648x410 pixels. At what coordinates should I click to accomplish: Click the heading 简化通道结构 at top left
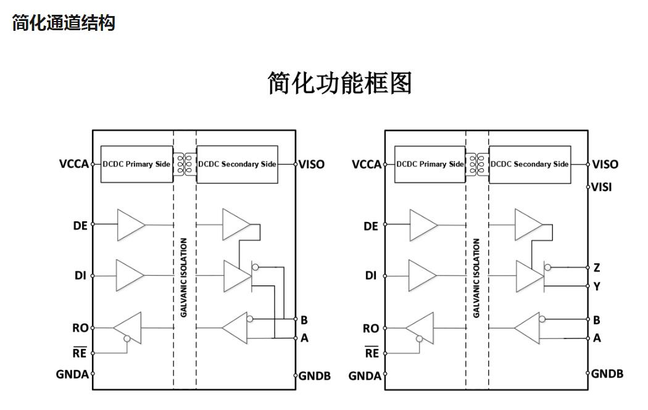64,23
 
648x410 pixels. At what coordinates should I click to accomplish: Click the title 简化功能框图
339,83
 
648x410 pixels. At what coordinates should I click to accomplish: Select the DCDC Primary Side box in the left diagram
136,165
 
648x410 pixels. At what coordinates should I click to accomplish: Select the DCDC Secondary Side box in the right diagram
530,165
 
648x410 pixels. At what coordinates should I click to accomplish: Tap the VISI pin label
602,187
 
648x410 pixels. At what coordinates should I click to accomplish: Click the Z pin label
596,268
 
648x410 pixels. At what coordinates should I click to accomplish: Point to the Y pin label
596,286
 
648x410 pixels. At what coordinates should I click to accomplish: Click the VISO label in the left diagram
312,165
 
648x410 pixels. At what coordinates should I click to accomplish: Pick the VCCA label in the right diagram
367,165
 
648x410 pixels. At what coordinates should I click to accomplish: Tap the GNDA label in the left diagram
72,374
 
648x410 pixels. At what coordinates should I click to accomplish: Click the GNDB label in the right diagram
607,374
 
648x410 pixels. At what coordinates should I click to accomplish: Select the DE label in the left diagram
80,226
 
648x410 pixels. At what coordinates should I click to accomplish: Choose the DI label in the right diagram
370,276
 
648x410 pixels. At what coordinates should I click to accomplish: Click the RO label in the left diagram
80,329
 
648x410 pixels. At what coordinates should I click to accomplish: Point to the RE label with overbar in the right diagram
372,353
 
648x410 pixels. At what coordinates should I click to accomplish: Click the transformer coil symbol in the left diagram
185,164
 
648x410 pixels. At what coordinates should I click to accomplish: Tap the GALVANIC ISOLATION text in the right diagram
476,278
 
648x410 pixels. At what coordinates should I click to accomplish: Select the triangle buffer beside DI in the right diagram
422,275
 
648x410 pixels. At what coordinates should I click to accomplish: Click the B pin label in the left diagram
304,320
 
